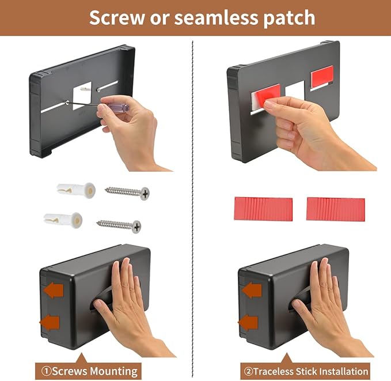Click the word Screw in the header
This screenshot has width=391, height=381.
pyautogui.click(x=117, y=17)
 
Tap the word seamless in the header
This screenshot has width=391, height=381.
pyautogui.click(x=217, y=17)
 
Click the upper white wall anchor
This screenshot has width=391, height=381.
pyautogui.click(x=76, y=190)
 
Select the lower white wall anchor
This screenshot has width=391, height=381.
pyautogui.click(x=63, y=220)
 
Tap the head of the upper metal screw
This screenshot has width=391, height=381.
pyautogui.click(x=145, y=194)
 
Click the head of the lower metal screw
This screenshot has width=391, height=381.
pyautogui.click(x=136, y=227)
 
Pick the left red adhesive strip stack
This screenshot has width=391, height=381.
pyautogui.click(x=263, y=209)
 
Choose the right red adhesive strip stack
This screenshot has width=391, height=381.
pyautogui.click(x=336, y=209)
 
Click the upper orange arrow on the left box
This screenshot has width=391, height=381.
pyautogui.click(x=54, y=291)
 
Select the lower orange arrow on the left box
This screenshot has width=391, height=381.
pyautogui.click(x=50, y=322)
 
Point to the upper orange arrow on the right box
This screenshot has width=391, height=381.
pyautogui.click(x=252, y=291)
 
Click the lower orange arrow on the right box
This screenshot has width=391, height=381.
pyautogui.click(x=248, y=322)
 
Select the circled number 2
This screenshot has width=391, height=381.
pyautogui.click(x=249, y=371)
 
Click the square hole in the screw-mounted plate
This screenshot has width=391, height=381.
pyautogui.click(x=82, y=96)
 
